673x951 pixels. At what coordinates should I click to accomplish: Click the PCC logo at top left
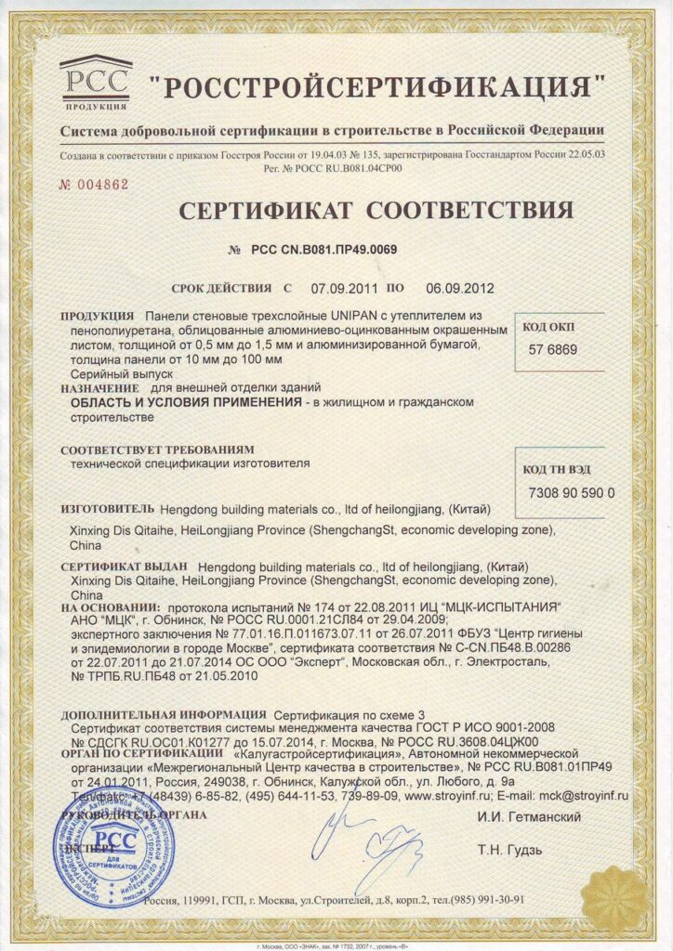96,83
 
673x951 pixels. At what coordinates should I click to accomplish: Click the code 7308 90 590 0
571,492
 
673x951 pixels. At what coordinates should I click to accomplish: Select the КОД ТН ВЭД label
558,469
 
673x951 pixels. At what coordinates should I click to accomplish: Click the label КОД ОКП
549,327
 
